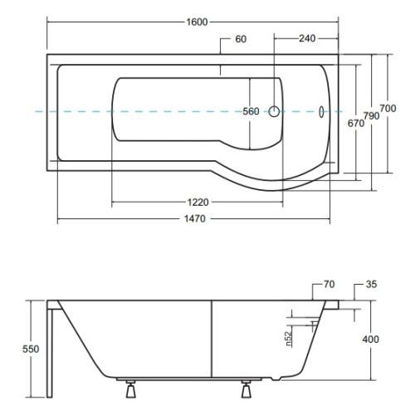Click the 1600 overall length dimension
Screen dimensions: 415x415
click(197, 22)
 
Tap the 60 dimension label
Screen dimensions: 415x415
click(241, 39)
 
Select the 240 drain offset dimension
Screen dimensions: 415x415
click(307, 38)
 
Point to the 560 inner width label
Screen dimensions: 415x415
click(251, 111)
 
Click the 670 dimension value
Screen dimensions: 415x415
click(356, 123)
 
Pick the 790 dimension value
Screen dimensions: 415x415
click(371, 116)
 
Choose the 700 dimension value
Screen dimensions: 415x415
click(388, 108)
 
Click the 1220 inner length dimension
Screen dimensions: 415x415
click(198, 203)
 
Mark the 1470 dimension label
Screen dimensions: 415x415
click(195, 219)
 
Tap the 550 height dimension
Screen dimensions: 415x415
click(31, 349)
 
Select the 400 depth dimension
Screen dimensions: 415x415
click(370, 339)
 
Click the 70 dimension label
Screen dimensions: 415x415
click(329, 284)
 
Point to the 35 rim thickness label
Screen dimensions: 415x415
click(371, 284)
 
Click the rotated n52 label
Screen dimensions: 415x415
click(288, 339)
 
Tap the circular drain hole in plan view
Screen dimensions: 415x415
click(274, 111)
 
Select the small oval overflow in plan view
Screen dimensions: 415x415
click(321, 112)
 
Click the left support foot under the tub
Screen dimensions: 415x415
click(130, 389)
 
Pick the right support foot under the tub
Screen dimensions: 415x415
click(247, 389)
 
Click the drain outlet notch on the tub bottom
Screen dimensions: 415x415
click(276, 378)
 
